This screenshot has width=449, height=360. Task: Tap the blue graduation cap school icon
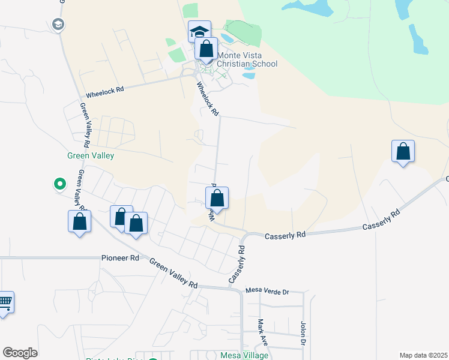(199, 31)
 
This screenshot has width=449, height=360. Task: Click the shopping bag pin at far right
(403, 151)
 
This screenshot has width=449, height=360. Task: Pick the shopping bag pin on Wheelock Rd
(217, 198)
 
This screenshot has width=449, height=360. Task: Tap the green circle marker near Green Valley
(60, 184)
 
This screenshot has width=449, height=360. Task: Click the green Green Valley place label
(90, 155)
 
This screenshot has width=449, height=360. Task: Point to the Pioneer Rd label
(121, 258)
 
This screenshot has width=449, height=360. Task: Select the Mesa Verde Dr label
(267, 292)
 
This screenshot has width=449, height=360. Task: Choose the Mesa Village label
(244, 355)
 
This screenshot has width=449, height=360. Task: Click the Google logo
(20, 353)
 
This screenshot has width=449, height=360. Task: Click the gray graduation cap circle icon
(58, 25)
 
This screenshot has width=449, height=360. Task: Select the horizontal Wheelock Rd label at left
(104, 90)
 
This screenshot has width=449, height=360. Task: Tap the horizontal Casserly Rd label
(286, 236)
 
